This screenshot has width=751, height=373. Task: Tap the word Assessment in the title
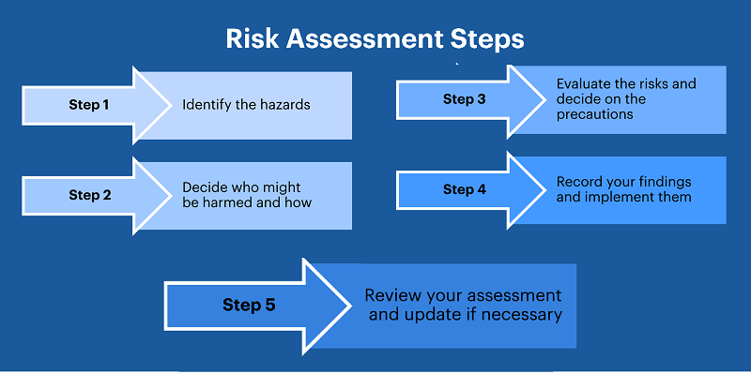click(x=363, y=40)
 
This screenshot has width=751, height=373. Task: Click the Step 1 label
click(x=89, y=105)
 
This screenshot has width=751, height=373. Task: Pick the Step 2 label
click(x=89, y=196)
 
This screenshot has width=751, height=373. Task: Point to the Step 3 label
click(x=464, y=99)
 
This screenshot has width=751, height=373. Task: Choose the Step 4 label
click(x=464, y=189)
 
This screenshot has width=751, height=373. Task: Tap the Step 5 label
click(x=249, y=305)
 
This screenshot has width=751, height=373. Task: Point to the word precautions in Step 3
click(x=595, y=114)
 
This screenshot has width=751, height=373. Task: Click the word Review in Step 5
click(x=391, y=296)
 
